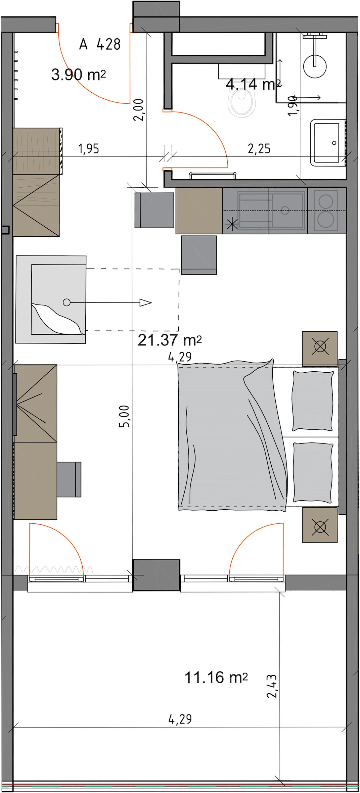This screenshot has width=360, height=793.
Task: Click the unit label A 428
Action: pyautogui.click(x=100, y=44)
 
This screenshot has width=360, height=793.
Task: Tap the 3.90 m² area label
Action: pyautogui.click(x=79, y=75)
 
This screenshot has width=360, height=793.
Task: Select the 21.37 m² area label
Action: pyautogui.click(x=170, y=340)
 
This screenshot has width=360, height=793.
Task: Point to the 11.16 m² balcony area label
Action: pyautogui.click(x=216, y=677)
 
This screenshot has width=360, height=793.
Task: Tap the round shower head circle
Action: pyautogui.click(x=315, y=66)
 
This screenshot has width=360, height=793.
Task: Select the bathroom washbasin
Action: pyautogui.click(x=328, y=143)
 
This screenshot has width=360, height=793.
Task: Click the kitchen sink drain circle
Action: pyautogui.click(x=285, y=211)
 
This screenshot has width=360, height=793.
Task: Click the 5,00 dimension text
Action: pyautogui.click(x=124, y=416)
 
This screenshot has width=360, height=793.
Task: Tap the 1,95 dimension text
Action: pyautogui.click(x=89, y=149)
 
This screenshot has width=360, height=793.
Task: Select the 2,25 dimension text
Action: pyautogui.click(x=259, y=148)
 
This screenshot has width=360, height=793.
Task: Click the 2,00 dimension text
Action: pyautogui.click(x=138, y=110)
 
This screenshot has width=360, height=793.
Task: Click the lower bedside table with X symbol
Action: pyautogui.click(x=320, y=525)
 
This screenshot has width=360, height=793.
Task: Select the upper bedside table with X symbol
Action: pyautogui.click(x=320, y=348)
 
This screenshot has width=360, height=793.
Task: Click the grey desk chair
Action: pyautogui.click(x=69, y=479)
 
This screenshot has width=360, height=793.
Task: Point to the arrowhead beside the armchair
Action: pyautogui.click(x=145, y=302)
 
